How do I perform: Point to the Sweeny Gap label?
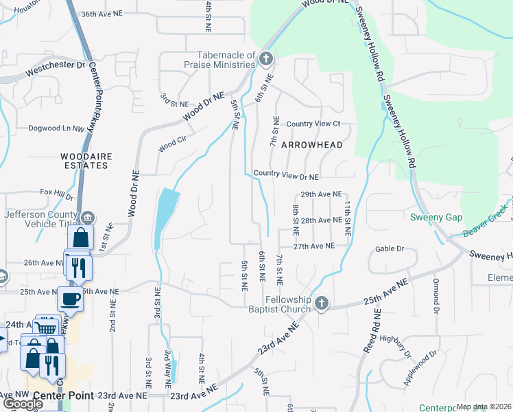[436, 218]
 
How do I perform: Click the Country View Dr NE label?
[286, 176]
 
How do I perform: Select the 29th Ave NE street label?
[321, 194]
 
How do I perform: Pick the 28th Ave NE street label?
[321, 220]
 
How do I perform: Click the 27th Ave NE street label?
[314, 246]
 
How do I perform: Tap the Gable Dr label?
[390, 249]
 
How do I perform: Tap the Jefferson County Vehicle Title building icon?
[88, 218]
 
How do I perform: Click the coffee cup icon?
[69, 299]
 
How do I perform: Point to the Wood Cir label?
[172, 144]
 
